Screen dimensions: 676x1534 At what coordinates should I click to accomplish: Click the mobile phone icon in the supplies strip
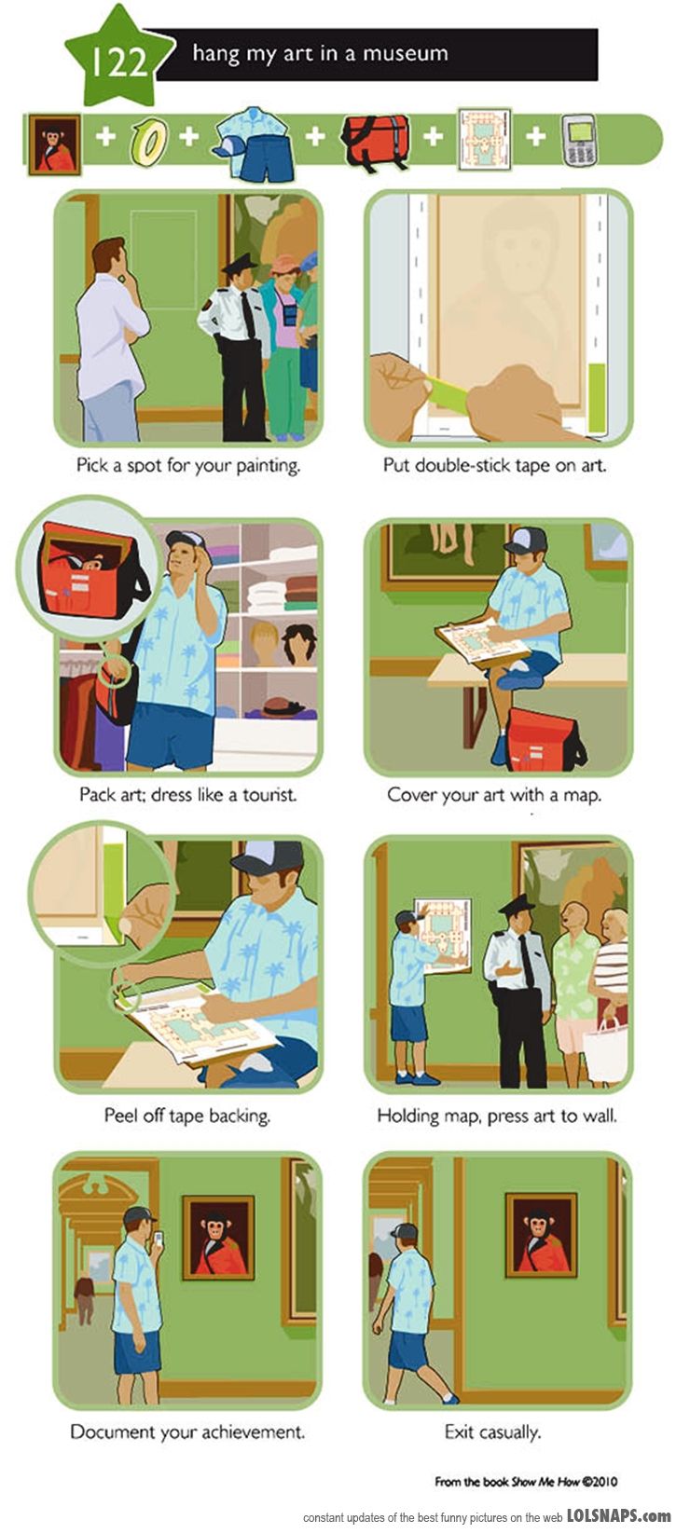(x=579, y=141)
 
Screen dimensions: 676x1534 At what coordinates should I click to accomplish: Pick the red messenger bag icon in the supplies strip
(x=376, y=141)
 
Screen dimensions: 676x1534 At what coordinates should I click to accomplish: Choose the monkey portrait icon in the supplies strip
(x=54, y=144)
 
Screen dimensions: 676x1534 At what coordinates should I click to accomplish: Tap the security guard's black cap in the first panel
(x=239, y=264)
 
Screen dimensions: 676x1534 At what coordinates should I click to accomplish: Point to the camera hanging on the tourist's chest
(x=292, y=315)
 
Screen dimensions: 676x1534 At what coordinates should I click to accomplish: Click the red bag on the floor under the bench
(x=545, y=737)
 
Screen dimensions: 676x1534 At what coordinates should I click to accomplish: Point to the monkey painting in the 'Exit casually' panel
(x=541, y=1234)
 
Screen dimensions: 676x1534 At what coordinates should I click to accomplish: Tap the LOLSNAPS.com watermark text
(x=618, y=1515)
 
